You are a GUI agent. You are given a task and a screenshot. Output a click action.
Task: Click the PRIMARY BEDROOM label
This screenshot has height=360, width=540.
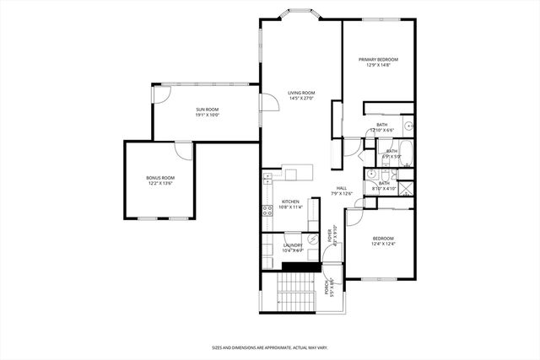pos(378,59)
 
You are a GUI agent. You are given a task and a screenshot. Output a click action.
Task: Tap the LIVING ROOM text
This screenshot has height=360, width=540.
pos(300,93)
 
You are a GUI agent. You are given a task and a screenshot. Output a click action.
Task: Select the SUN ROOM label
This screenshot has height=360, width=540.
pos(208,110)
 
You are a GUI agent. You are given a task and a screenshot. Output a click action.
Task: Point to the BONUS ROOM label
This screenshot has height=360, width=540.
pos(160,177)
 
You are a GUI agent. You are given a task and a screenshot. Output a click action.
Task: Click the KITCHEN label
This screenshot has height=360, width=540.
pos(290,201)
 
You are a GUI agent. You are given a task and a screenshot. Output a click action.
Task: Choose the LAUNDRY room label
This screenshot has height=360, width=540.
pos(292,245)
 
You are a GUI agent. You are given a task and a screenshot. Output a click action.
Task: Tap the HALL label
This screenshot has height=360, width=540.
pos(342,188)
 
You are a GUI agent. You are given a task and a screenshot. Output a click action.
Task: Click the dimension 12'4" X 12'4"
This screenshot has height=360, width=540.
pos(383,244)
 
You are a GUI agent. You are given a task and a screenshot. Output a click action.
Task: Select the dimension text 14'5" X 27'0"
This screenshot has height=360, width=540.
pos(300,99)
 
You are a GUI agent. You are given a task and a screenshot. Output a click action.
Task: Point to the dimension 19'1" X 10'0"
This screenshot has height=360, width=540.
pos(208,116)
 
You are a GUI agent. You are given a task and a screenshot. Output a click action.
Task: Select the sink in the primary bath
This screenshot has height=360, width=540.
pos(408,126)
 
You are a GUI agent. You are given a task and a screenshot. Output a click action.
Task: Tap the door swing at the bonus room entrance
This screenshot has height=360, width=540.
pos(181,149)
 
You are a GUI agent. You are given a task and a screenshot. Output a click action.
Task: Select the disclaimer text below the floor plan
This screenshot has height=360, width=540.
pos(269,346)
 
